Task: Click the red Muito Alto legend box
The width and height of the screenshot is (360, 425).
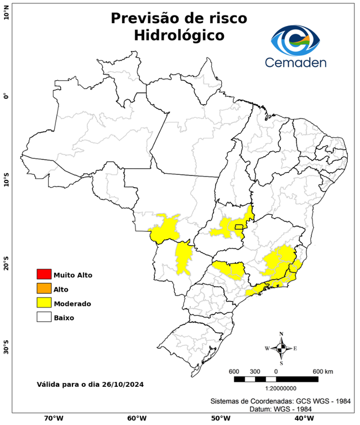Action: tap(44, 274)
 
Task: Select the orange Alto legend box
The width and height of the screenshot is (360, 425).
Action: tap(44, 288)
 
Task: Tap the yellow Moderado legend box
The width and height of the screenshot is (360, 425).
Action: tap(44, 303)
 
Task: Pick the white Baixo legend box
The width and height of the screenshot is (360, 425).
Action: tap(44, 317)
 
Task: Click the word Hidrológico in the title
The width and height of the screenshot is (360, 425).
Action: tap(179, 35)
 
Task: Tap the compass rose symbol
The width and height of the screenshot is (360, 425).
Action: tap(281, 348)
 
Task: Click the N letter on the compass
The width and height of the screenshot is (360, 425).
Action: tap(281, 334)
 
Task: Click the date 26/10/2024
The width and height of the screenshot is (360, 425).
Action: tap(124, 383)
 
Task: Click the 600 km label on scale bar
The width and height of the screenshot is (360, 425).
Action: tap(322, 371)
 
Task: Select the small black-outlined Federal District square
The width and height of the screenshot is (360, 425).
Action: tap(239, 226)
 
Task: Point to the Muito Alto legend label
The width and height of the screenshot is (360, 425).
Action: tap(72, 274)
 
